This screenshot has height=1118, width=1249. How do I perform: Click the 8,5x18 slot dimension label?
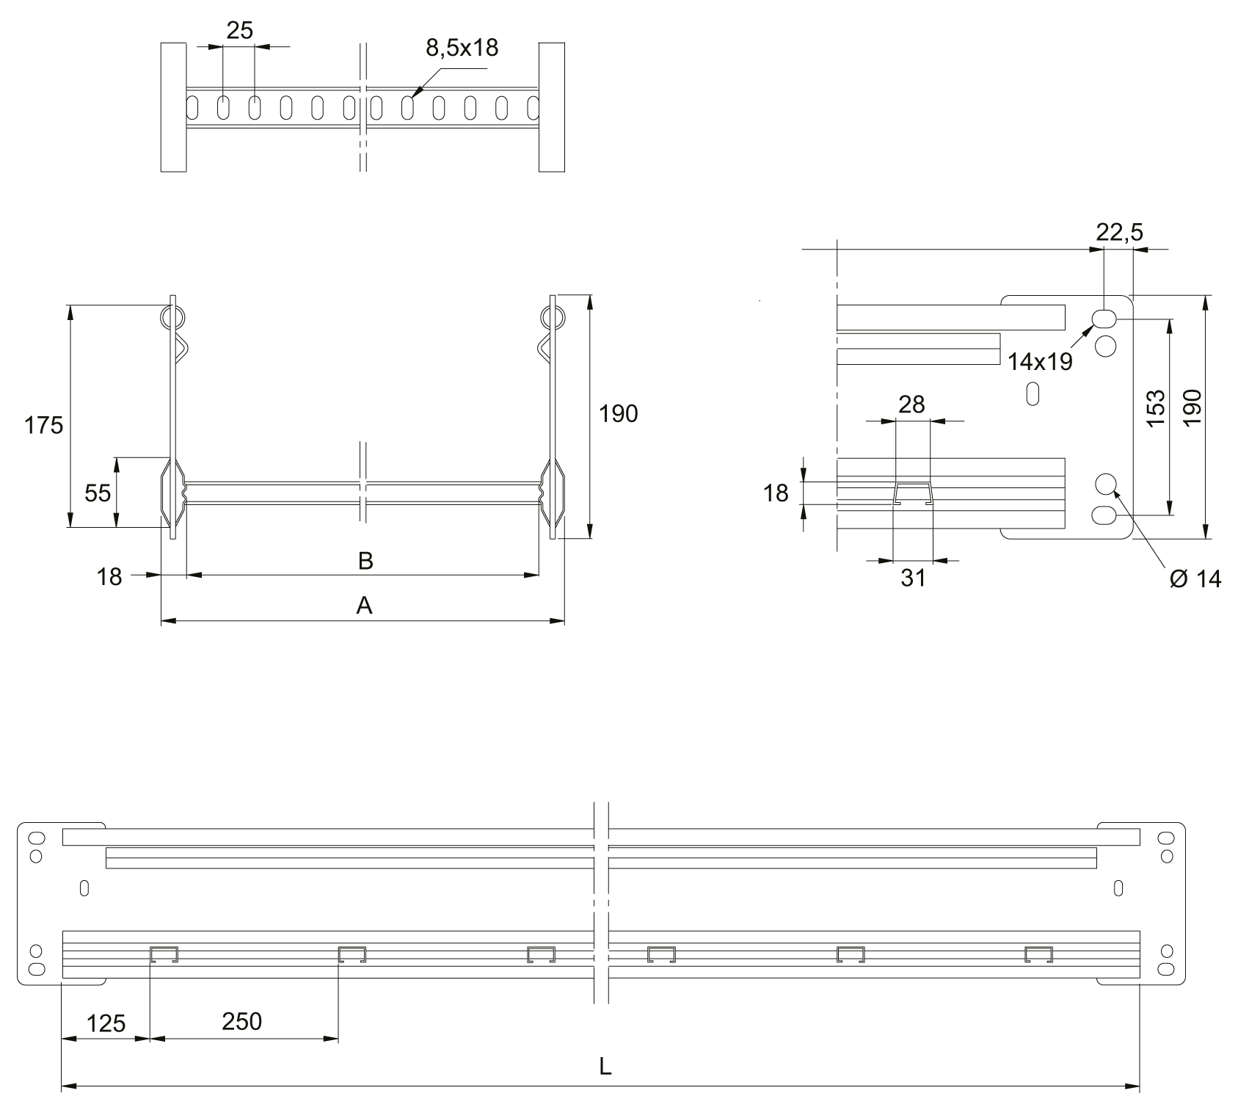pyautogui.click(x=462, y=48)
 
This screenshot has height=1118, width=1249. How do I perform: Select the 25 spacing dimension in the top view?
pyautogui.click(x=239, y=31)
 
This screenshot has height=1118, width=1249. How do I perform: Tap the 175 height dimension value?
pyautogui.click(x=44, y=425)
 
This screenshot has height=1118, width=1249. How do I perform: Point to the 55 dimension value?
pyautogui.click(x=98, y=493)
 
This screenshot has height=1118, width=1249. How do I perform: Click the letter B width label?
pyautogui.click(x=365, y=562)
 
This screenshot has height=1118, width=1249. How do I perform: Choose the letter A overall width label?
pyautogui.click(x=364, y=606)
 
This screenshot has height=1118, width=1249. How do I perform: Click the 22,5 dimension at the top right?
pyautogui.click(x=1119, y=233)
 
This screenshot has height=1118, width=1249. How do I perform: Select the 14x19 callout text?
pyautogui.click(x=1040, y=361)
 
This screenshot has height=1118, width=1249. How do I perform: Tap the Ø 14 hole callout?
pyautogui.click(x=1195, y=578)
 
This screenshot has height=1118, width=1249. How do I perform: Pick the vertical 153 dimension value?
pyautogui.click(x=1155, y=408)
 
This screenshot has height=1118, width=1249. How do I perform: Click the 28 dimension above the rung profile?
pyautogui.click(x=911, y=404)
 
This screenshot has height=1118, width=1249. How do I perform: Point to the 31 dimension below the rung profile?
pyautogui.click(x=913, y=578)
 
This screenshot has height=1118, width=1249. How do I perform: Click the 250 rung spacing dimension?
pyautogui.click(x=241, y=1021)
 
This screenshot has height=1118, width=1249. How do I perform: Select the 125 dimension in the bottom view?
pyautogui.click(x=106, y=1023)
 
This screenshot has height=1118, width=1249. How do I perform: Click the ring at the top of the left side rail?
pyautogui.click(x=172, y=318)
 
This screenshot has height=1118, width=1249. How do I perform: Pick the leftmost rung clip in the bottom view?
pyautogui.click(x=164, y=954)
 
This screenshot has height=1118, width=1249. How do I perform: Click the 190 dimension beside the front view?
pyautogui.click(x=619, y=415)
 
